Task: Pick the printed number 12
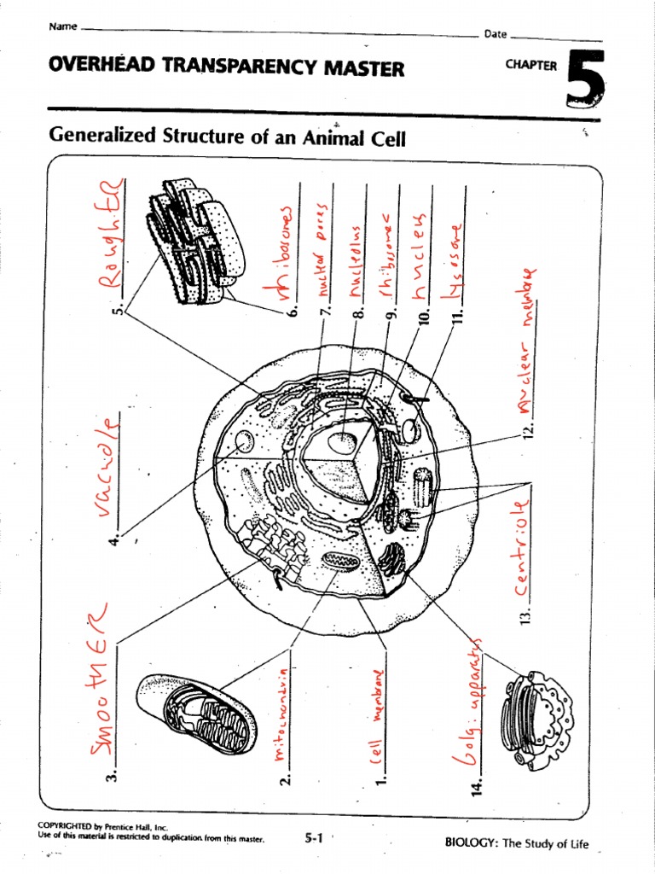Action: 527,429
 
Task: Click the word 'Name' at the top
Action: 63,26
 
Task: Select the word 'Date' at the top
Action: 496,34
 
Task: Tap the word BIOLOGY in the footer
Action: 471,842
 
